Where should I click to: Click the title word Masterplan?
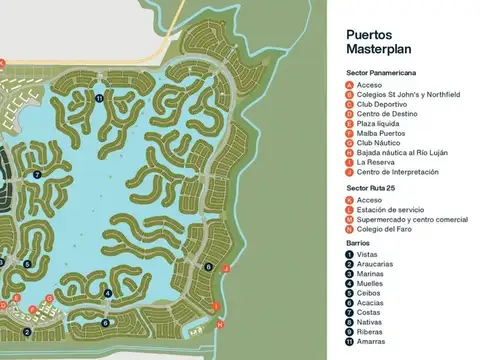click(x=373, y=49)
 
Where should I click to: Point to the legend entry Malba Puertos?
click(x=381, y=133)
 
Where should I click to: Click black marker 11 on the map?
click(x=99, y=98)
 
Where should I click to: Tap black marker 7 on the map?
click(x=37, y=174)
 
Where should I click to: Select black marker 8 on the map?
click(x=208, y=267)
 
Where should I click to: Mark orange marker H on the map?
click(x=219, y=323)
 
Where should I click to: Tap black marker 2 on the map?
click(x=27, y=331)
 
